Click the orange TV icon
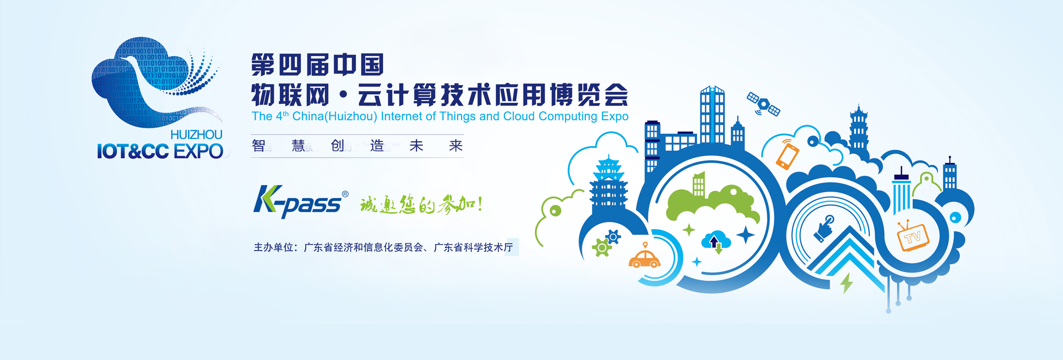coord(913,237)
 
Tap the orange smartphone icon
coord(787,155)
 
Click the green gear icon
coord(602,248)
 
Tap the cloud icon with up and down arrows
coord(716,242)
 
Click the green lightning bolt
coord(846,283)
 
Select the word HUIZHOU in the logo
coord(196,134)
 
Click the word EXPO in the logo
coord(199,152)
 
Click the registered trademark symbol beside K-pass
coord(345,194)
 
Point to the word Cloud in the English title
coord(519,117)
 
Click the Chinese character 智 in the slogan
coord(259,146)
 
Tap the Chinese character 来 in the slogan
coord(456,146)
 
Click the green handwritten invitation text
coord(421,204)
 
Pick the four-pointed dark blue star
coord(745,235)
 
